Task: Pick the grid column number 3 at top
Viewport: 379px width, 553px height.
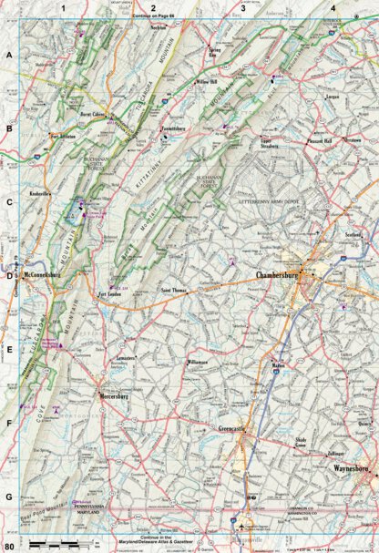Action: (x=243, y=9)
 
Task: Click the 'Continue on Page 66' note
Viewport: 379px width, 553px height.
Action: (x=158, y=16)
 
